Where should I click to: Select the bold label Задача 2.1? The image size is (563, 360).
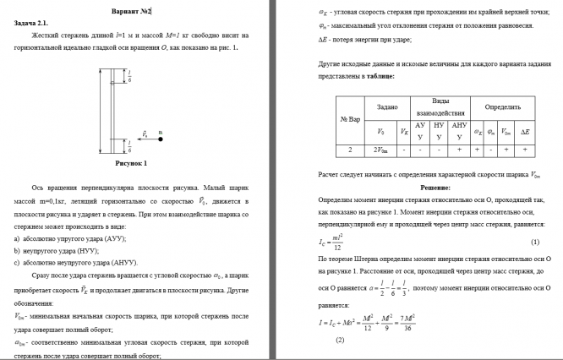pos(31,25)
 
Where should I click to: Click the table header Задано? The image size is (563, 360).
pos(387,107)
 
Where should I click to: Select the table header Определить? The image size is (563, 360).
pos(502,107)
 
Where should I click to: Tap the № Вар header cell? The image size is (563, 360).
pos(350,119)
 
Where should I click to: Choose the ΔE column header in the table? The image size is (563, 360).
pos(525,131)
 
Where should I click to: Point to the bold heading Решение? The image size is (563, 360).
pos(435,186)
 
